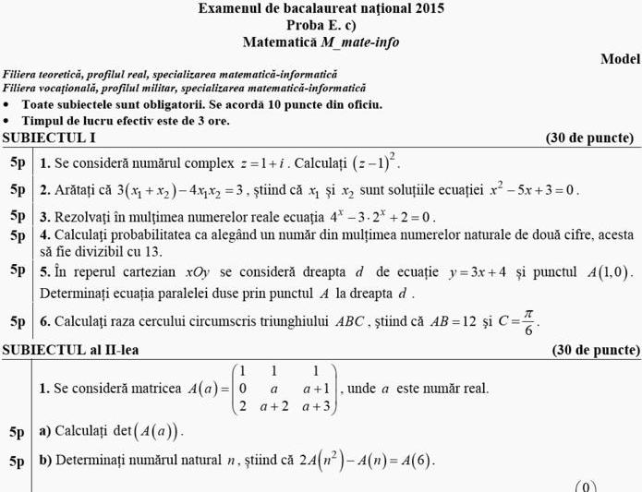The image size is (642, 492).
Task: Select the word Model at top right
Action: [620, 58]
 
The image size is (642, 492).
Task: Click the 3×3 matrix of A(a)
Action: [286, 389]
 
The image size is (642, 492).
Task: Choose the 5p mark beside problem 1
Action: [18, 163]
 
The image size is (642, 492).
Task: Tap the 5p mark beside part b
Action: [18, 460]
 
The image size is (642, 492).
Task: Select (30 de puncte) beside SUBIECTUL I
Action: [590, 138]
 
